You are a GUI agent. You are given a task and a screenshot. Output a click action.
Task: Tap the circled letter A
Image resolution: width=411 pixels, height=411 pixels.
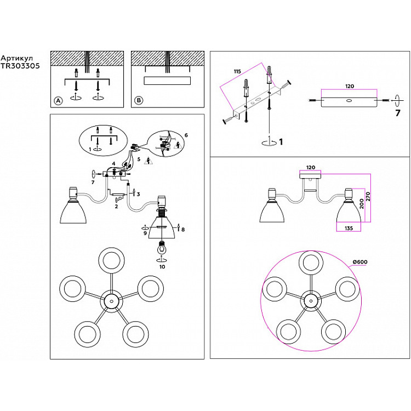click(x=58, y=100)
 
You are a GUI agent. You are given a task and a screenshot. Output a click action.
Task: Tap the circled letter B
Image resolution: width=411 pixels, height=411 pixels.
click(x=139, y=100)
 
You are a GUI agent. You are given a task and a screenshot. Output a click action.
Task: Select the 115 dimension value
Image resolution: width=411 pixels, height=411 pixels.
click(x=237, y=71)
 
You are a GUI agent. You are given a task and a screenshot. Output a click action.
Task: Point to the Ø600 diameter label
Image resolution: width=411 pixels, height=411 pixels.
click(x=359, y=262)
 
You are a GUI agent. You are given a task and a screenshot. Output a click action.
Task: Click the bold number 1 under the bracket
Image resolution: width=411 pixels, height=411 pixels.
click(x=280, y=142)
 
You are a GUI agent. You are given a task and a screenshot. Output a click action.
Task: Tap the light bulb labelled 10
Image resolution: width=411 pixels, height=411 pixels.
click(x=162, y=248)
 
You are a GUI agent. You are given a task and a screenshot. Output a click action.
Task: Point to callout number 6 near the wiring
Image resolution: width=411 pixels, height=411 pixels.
click(x=186, y=135)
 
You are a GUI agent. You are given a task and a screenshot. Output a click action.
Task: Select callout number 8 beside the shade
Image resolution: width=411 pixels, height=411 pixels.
click(x=182, y=230)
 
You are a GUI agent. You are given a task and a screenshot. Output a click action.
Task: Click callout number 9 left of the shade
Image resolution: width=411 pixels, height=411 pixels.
click(x=146, y=233)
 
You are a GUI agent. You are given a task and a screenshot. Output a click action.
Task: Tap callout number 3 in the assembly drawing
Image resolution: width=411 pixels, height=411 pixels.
click(x=139, y=194)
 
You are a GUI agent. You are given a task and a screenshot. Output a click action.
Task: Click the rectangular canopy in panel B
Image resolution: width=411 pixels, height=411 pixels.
click(x=167, y=81)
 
